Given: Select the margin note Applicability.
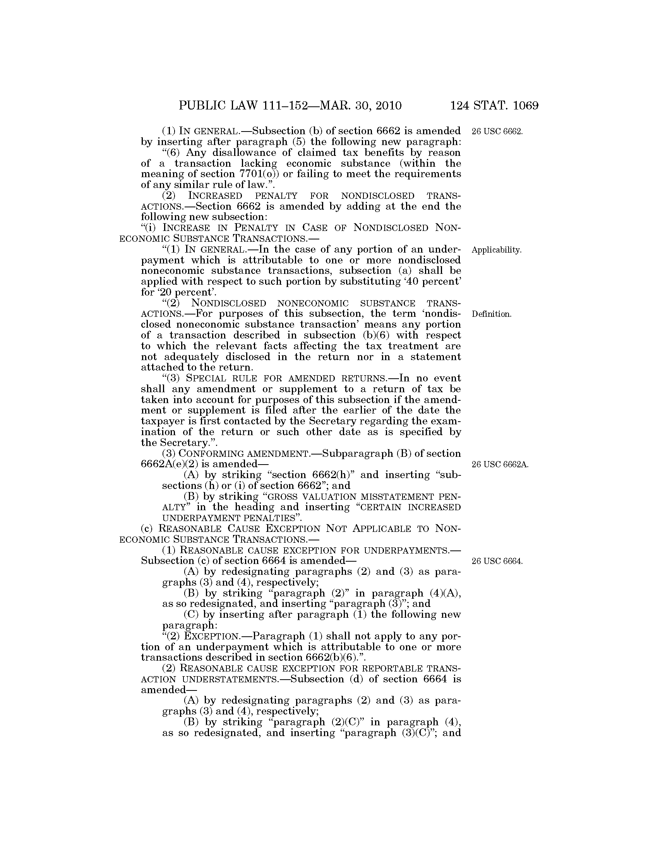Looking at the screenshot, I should click(496, 250).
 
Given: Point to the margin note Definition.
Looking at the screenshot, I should click(491, 314).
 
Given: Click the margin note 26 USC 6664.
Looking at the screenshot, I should click(497, 561).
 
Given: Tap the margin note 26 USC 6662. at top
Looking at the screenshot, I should click(497, 131).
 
